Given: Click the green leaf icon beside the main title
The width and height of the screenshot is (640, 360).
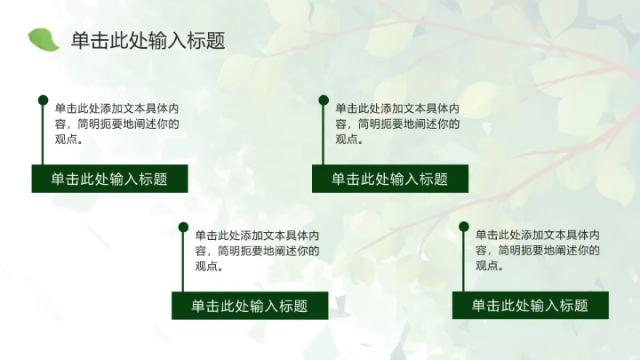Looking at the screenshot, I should pyautogui.click(x=43, y=39).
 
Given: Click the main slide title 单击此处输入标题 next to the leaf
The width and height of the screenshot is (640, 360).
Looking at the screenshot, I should pyautogui.click(x=148, y=41).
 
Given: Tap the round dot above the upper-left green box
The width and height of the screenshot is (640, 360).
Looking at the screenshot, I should pyautogui.click(x=43, y=100).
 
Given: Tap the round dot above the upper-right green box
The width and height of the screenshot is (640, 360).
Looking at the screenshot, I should pyautogui.click(x=324, y=100).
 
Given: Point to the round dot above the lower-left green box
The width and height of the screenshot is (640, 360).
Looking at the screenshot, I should pyautogui.click(x=183, y=228).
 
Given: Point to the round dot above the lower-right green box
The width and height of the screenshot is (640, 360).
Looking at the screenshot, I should pyautogui.click(x=463, y=228).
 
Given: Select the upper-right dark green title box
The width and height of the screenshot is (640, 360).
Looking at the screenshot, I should pyautogui.click(x=390, y=179).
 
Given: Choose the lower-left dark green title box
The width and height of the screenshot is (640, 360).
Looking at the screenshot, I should pyautogui.click(x=250, y=306).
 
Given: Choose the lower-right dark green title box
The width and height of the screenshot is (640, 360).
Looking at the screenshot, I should pyautogui.click(x=531, y=306).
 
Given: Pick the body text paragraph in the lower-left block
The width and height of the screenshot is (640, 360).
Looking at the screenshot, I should pyautogui.click(x=257, y=251).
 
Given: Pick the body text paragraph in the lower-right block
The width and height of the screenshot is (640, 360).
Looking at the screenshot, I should pyautogui.click(x=537, y=251).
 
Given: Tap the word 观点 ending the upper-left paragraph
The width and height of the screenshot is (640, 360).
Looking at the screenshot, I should pyautogui.click(x=66, y=139).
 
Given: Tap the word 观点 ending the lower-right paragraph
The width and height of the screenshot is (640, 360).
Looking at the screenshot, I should pyautogui.click(x=487, y=266).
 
